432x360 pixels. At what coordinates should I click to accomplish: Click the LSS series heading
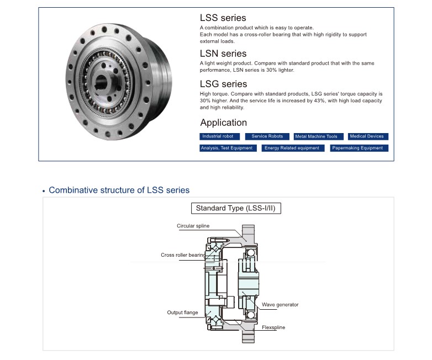223,18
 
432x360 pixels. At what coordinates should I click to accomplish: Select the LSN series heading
223,54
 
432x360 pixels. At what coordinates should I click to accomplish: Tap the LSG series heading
224,84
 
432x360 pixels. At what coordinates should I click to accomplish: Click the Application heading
223,123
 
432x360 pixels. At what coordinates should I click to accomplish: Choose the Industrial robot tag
218,136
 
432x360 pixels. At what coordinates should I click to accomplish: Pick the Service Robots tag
267,136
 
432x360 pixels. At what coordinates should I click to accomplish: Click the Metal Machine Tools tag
316,136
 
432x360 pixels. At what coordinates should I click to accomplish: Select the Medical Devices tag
366,136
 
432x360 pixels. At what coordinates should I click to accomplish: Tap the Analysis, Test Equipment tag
226,148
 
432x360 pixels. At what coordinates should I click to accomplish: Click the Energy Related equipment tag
292,148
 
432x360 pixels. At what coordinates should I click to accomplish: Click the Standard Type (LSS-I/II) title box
235,208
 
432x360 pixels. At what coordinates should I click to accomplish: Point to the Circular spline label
193,226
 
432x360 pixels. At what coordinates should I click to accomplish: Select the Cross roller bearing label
183,255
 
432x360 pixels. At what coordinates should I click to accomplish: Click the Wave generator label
280,304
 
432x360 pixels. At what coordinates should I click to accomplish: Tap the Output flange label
182,313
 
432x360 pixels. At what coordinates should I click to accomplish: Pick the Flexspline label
273,327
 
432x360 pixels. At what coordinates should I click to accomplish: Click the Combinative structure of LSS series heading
119,190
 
